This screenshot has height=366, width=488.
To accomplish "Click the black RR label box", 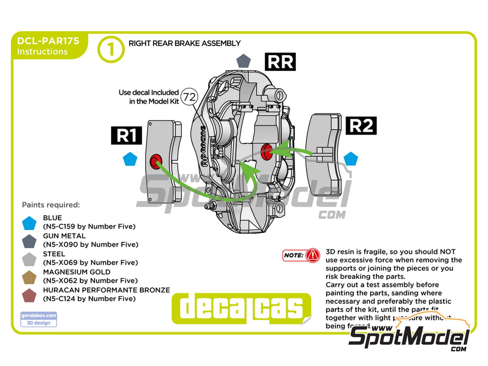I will (280, 62).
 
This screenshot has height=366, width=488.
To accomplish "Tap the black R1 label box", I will (126, 135).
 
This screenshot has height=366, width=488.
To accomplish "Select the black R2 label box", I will (361, 126).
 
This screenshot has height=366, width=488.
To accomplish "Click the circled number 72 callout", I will (189, 97).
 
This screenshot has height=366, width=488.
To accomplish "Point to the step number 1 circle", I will (111, 49).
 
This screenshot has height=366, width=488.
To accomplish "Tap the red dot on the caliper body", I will (266, 151).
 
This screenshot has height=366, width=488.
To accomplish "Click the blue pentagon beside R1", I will (130, 159).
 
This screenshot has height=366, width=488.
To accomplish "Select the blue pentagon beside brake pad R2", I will (351, 159).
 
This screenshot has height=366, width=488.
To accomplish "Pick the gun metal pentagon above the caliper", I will (243, 61).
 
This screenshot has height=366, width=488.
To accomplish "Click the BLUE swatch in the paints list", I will (29, 223).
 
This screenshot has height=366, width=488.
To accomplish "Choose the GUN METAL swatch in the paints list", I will (29, 241).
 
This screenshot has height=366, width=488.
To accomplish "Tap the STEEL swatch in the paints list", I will (29, 259).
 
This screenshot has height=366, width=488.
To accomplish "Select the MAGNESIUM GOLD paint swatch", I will (29, 277).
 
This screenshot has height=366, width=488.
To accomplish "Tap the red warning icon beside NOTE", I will (313, 255).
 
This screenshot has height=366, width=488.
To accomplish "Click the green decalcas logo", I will (241, 309).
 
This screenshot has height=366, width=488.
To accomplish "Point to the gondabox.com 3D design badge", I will (38, 319).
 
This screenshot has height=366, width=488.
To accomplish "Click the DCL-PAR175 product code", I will (48, 41).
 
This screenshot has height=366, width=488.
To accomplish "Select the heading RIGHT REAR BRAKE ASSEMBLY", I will (184, 43).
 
